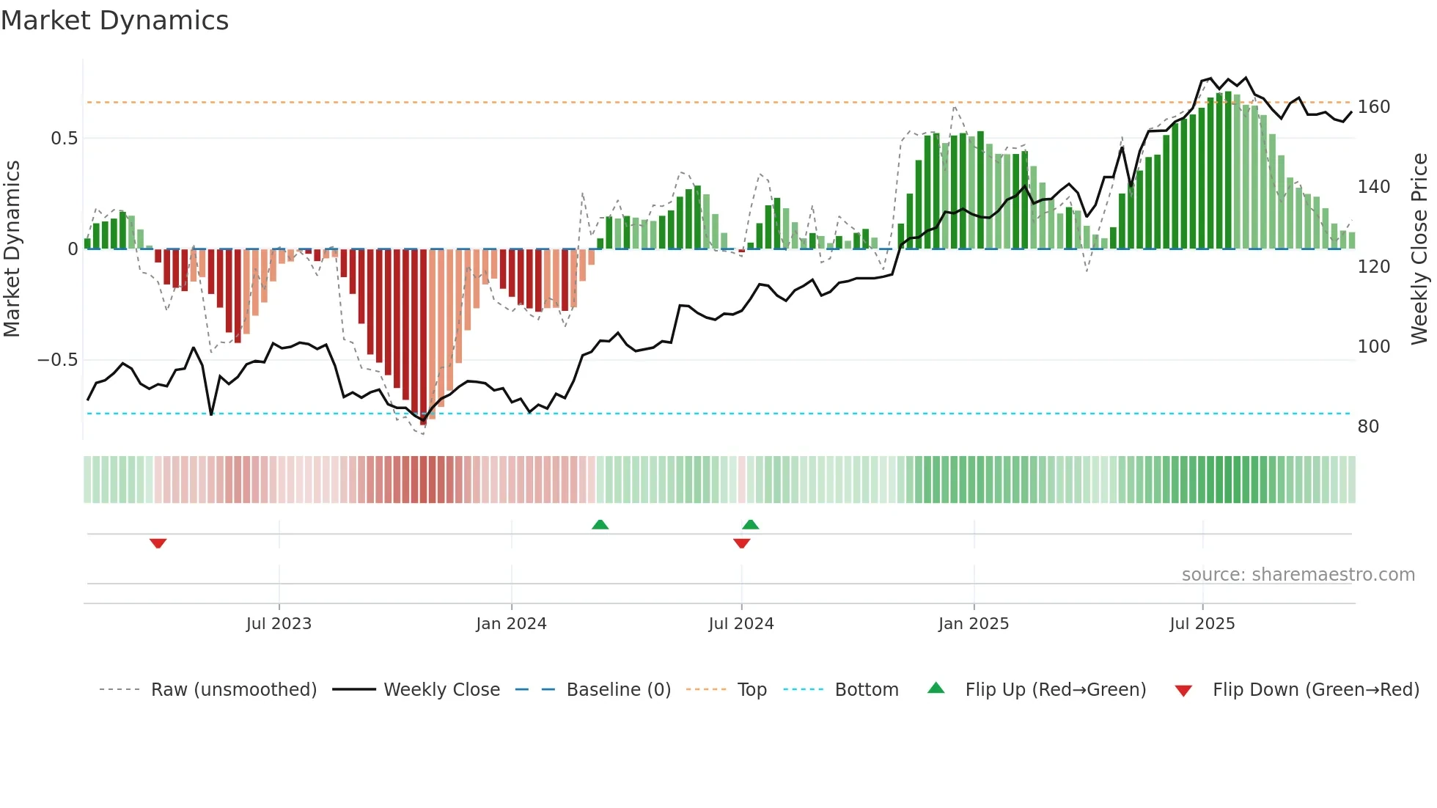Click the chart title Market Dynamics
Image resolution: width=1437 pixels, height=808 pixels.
tap(115, 21)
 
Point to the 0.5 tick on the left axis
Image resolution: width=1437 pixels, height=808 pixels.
tap(64, 139)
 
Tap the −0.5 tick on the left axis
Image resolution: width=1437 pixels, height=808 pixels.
tap(58, 360)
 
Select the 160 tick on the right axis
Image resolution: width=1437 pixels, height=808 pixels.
tap(1373, 107)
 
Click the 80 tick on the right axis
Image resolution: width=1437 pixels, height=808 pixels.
tap(1368, 427)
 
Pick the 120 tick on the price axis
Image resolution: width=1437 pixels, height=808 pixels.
tap(1373, 267)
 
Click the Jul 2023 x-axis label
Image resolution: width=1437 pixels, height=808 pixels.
tap(279, 624)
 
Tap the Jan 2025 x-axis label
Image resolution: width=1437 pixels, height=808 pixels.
tap(974, 624)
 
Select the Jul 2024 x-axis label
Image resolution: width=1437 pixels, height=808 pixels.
tap(741, 624)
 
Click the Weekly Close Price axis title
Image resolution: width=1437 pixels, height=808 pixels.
tap(1419, 249)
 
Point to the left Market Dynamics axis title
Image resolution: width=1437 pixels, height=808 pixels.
tap(12, 249)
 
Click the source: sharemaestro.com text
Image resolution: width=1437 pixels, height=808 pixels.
tap(1298, 575)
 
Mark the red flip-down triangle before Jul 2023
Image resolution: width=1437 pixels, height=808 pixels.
tap(158, 543)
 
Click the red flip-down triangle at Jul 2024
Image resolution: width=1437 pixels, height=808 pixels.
tap(741, 543)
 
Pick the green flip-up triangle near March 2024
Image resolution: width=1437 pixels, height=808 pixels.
tap(600, 524)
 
